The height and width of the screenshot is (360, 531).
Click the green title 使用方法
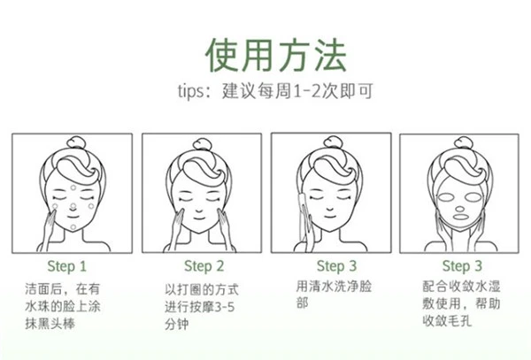(265, 55)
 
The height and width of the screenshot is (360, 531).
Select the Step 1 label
(66, 266)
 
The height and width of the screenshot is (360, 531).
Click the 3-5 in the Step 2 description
(230, 306)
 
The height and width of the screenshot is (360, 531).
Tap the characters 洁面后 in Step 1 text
(42, 288)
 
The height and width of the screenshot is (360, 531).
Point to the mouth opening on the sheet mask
(458, 221)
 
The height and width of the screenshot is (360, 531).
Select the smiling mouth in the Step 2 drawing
(202, 220)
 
